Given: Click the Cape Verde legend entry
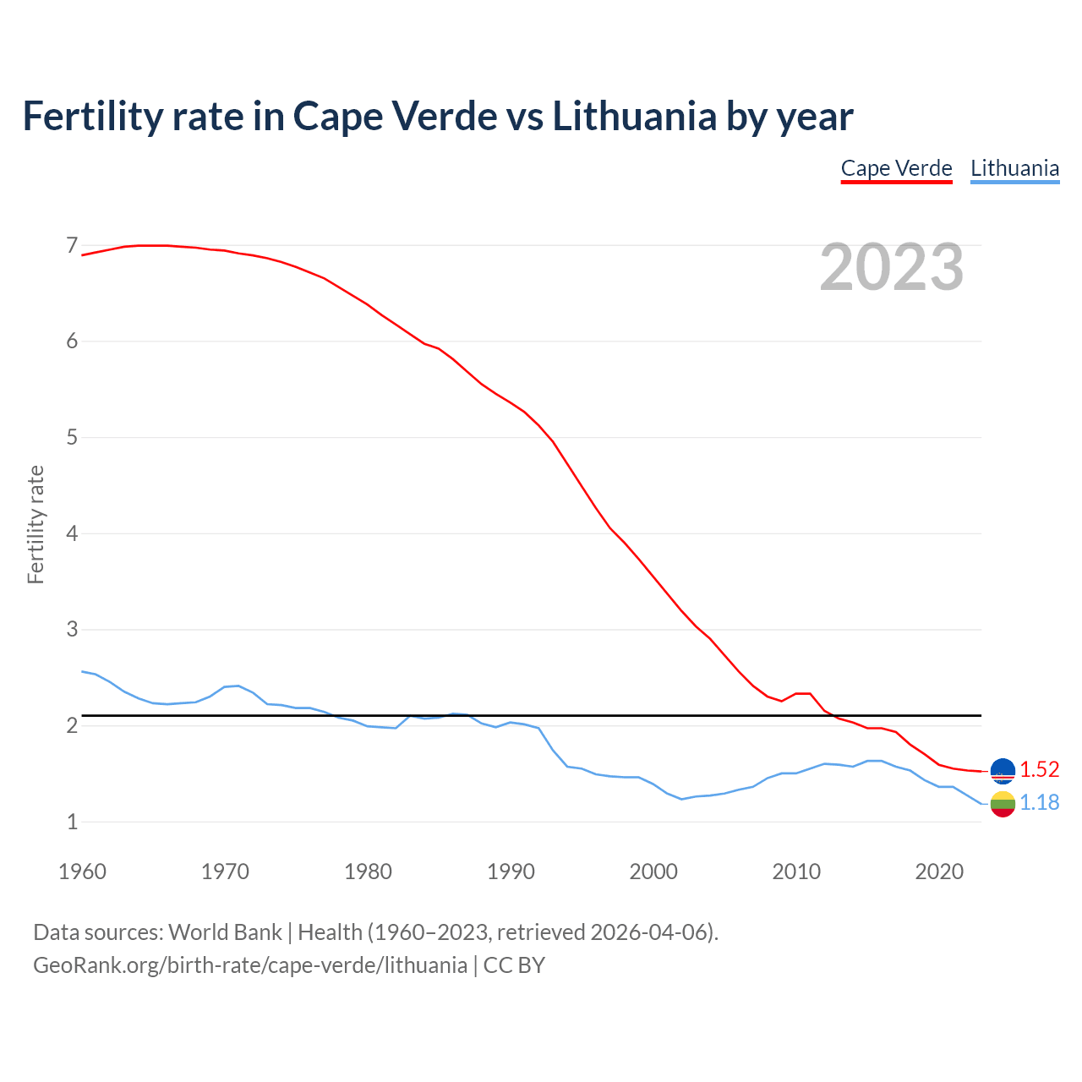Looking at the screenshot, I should [896, 168].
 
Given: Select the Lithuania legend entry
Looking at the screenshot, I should [1014, 168].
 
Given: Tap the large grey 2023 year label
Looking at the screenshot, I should [892, 267].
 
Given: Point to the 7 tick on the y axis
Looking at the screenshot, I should [72, 246].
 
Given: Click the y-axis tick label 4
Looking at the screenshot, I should [72, 533].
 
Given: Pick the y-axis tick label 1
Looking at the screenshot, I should [72, 822].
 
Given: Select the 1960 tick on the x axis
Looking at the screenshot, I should [82, 872].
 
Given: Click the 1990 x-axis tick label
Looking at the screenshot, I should [511, 872].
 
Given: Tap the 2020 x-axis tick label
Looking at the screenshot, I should [939, 872].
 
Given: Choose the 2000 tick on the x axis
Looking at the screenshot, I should [653, 872].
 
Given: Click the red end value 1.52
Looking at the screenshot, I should [1039, 769].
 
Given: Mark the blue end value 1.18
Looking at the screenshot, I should [1039, 802].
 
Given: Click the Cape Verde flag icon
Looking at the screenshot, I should [1003, 770].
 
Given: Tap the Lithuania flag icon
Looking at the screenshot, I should [1003, 804].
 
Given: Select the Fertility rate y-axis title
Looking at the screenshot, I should [36, 524].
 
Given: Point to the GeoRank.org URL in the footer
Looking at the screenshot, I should [250, 965].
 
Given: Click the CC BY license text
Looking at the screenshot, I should [514, 965].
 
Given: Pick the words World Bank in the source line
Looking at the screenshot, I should [225, 932].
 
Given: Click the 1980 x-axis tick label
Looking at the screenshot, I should [368, 872].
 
